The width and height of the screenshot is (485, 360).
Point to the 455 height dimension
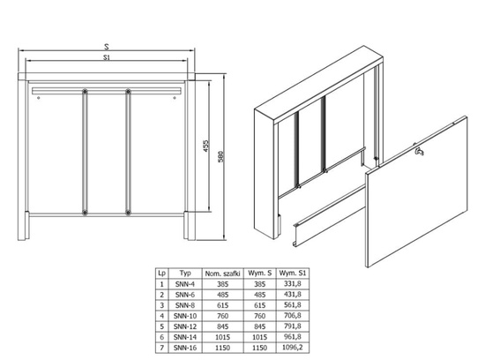coord(204,147)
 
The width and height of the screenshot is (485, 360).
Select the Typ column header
coord(186,273)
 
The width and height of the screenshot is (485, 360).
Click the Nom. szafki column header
coord(224,273)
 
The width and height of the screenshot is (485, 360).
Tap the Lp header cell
coord(161,273)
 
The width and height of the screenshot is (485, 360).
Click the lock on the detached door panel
coord(420,155)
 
